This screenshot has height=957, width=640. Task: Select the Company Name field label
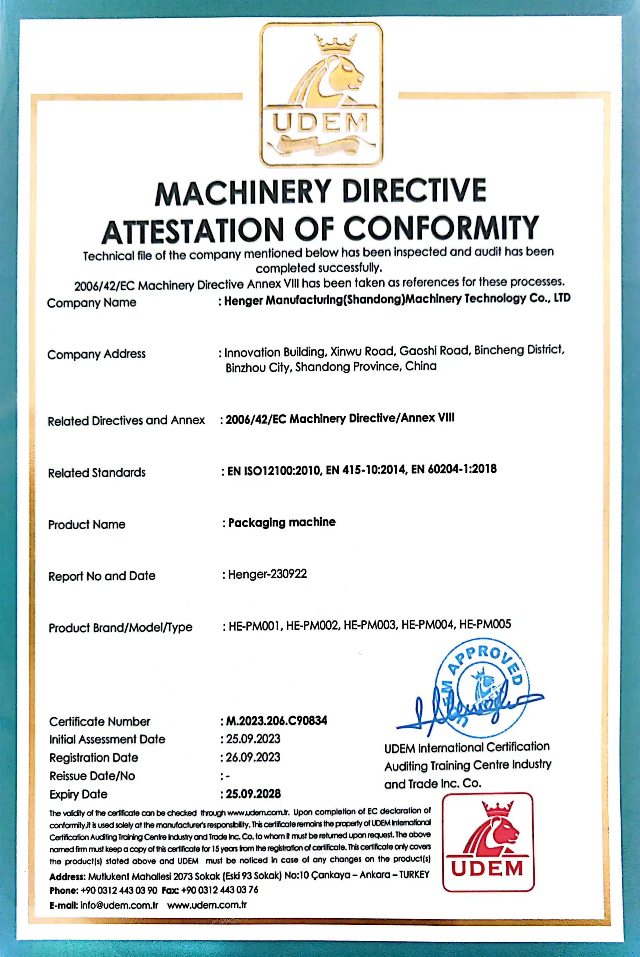click(x=91, y=303)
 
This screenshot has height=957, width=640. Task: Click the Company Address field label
click(x=96, y=354)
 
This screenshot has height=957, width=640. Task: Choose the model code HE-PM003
click(x=369, y=625)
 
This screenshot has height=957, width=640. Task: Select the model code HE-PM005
click(x=485, y=624)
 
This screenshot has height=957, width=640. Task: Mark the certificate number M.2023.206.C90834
click(x=276, y=721)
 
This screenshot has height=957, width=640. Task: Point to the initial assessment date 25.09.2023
click(x=253, y=739)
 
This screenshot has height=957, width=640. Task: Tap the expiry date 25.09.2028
click(x=253, y=794)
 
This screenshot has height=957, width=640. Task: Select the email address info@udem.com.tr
click(x=119, y=905)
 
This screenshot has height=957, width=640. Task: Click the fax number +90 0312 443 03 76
click(x=220, y=890)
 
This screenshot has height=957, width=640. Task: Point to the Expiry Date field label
click(x=78, y=794)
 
